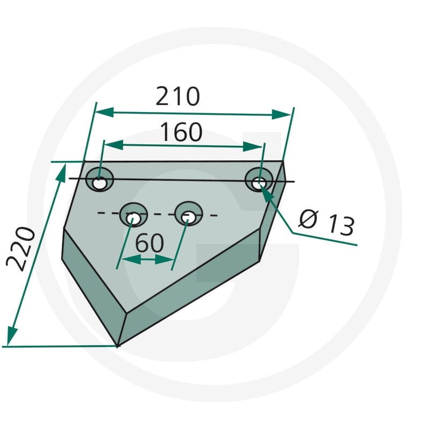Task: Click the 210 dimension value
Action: (178, 97)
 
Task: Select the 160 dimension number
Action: (181, 132)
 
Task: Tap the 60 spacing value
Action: (150, 243)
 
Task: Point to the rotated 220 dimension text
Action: (21, 249)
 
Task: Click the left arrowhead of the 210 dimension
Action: (104, 112)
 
